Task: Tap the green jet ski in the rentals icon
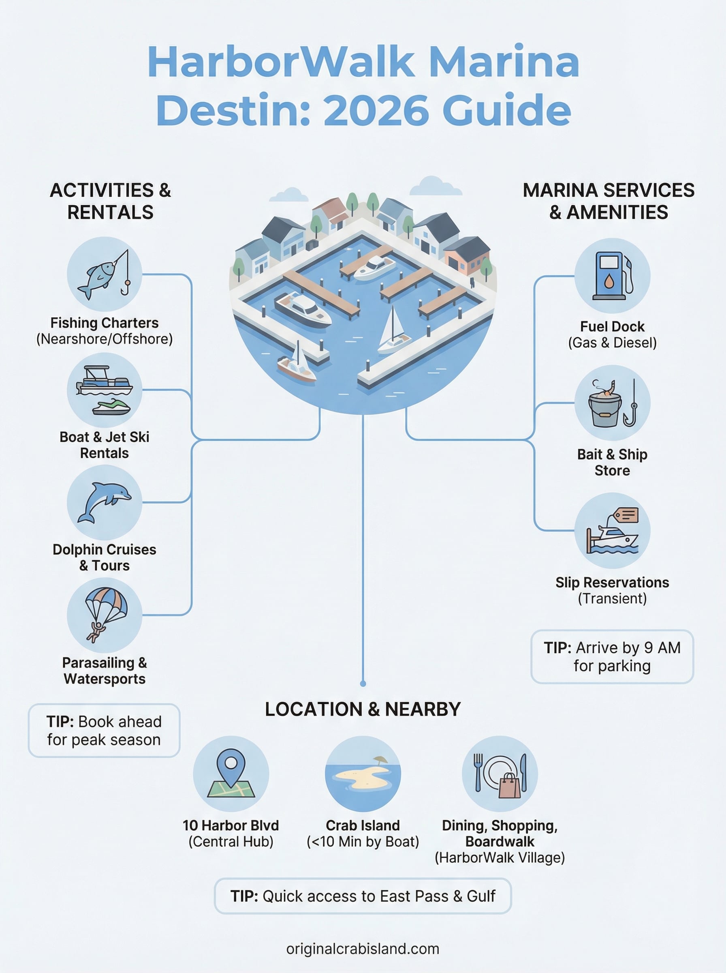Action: [x=112, y=407]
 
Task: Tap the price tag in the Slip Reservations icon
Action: [x=626, y=515]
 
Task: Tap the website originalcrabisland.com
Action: [x=363, y=948]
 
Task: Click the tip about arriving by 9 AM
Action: [x=612, y=656]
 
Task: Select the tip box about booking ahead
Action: [x=104, y=730]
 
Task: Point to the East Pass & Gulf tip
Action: [x=363, y=896]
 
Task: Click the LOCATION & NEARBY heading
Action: [x=363, y=709]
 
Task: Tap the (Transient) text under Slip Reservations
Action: [x=612, y=598]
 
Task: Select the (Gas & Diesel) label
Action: [x=612, y=343]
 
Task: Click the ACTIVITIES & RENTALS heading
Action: [x=110, y=201]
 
